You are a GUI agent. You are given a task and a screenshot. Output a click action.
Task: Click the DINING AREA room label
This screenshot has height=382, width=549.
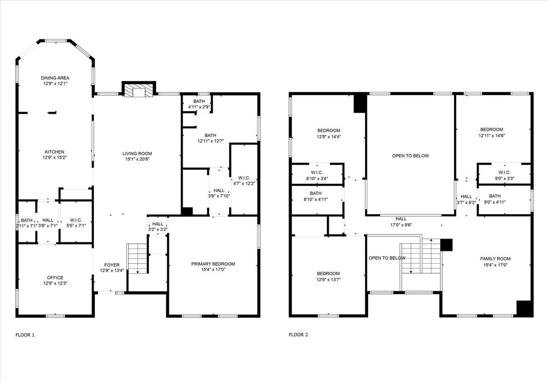click(55, 78)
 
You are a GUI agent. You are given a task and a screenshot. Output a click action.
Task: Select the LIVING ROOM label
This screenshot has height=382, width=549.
click(137, 153)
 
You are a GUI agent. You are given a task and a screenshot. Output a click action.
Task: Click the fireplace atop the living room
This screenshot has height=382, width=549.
click(139, 90)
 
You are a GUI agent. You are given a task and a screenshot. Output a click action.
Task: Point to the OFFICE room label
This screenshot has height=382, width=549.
click(55, 278)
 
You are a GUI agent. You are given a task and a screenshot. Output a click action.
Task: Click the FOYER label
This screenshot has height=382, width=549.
click(112, 265)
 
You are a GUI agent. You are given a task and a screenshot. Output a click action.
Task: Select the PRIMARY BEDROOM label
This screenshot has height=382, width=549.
click(213, 264)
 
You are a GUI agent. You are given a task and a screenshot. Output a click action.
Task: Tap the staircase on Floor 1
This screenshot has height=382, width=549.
click(137, 258)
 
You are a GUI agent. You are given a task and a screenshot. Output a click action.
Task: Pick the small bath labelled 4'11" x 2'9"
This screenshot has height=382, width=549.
click(199, 107)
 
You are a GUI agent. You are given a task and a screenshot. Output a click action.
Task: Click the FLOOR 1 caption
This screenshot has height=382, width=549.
click(25, 335)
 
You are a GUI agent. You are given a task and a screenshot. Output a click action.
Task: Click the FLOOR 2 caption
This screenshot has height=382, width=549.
click(298, 335)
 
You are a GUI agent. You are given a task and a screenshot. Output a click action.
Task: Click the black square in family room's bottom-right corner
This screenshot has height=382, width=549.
click(524, 308)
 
